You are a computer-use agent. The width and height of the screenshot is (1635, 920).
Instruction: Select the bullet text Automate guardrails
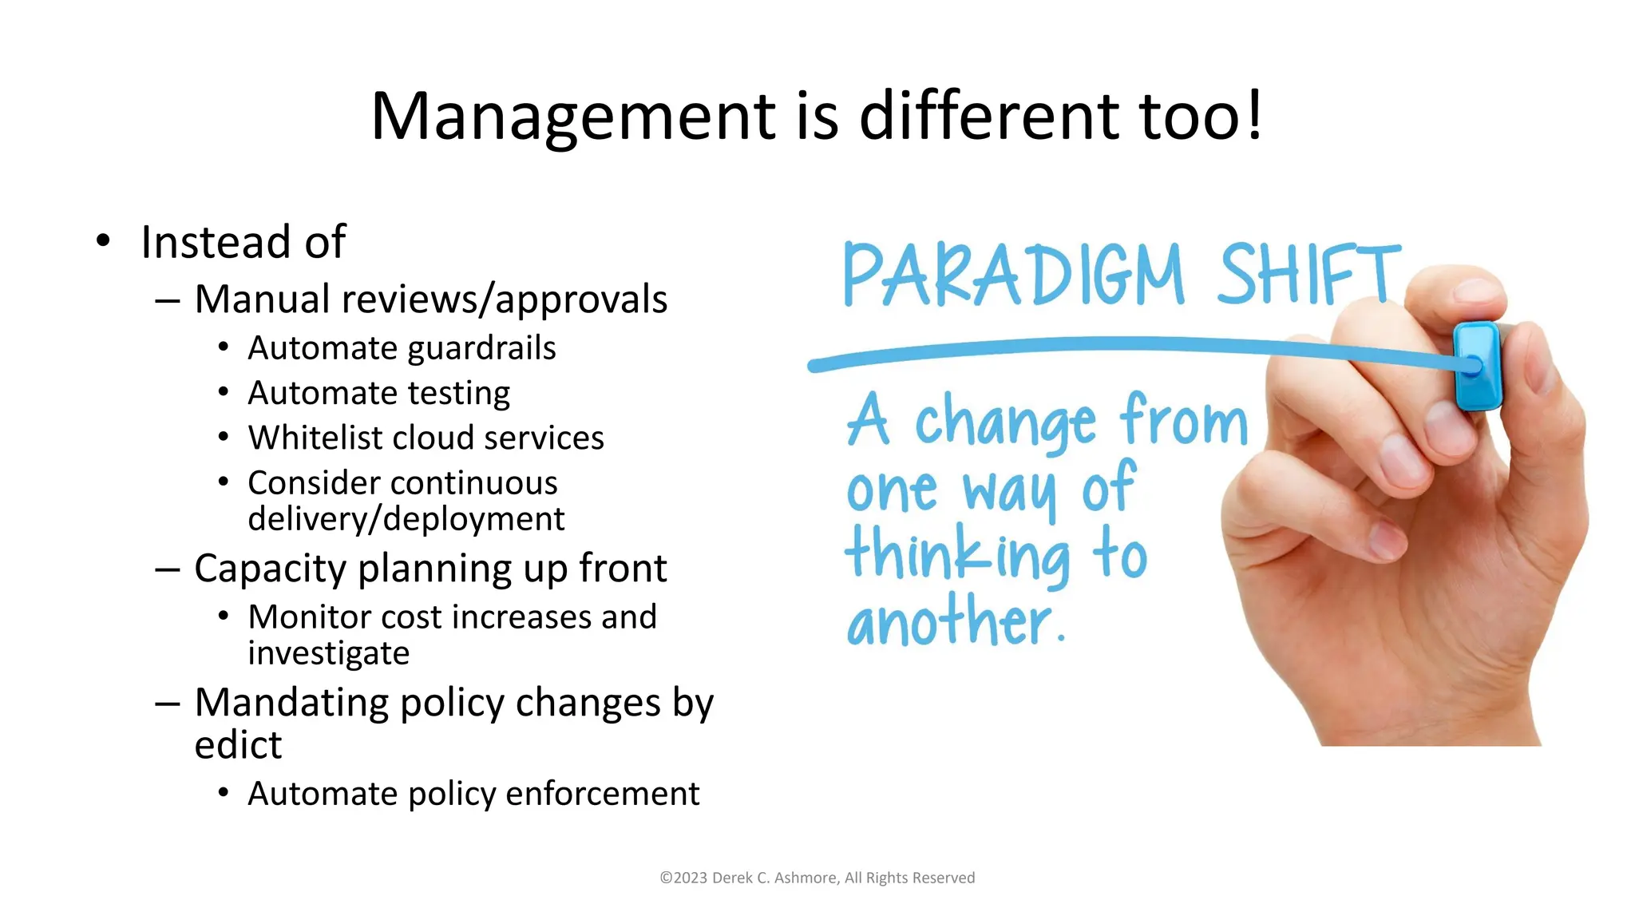pos(402,348)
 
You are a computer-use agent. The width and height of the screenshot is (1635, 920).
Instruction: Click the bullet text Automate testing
pos(378,393)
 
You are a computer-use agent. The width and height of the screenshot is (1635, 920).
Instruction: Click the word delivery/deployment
pos(406,519)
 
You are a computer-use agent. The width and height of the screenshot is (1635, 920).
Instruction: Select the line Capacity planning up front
pos(430,569)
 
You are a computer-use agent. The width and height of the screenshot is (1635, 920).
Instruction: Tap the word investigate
pos(328,653)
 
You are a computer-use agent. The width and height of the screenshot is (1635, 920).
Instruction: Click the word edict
pos(238,745)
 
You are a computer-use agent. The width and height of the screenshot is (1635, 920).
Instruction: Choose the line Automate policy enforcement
pos(473,794)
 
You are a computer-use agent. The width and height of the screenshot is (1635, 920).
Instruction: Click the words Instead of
pos(243,242)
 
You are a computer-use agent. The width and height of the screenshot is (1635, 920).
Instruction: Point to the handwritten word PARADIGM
pos(1013,275)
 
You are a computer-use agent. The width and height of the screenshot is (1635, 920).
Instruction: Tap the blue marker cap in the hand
pos(1476,366)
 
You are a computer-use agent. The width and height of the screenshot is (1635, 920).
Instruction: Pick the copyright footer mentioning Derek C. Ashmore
pos(817,878)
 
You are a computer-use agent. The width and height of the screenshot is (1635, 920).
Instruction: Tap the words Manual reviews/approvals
pos(430,299)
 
